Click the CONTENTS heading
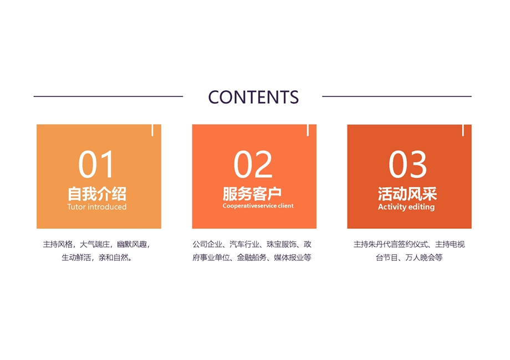coord(253,97)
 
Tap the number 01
coord(96,164)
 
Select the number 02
coord(253,164)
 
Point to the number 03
coord(407,164)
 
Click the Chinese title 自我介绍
coord(97,194)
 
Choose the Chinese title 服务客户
coord(252,194)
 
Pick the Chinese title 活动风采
coord(407,194)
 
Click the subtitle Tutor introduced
coord(97,207)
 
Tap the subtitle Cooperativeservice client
coord(258,205)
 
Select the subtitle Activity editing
coord(406,207)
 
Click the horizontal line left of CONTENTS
coord(108,96)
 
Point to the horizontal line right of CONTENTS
coord(397,96)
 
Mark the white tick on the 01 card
coord(152,130)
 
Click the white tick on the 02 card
coord(308,130)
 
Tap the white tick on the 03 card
coord(463,130)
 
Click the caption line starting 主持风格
coord(97,244)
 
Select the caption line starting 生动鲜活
coord(97,258)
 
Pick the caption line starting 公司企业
coord(252,244)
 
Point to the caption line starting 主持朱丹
coord(409,244)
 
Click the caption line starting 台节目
coord(409,258)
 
